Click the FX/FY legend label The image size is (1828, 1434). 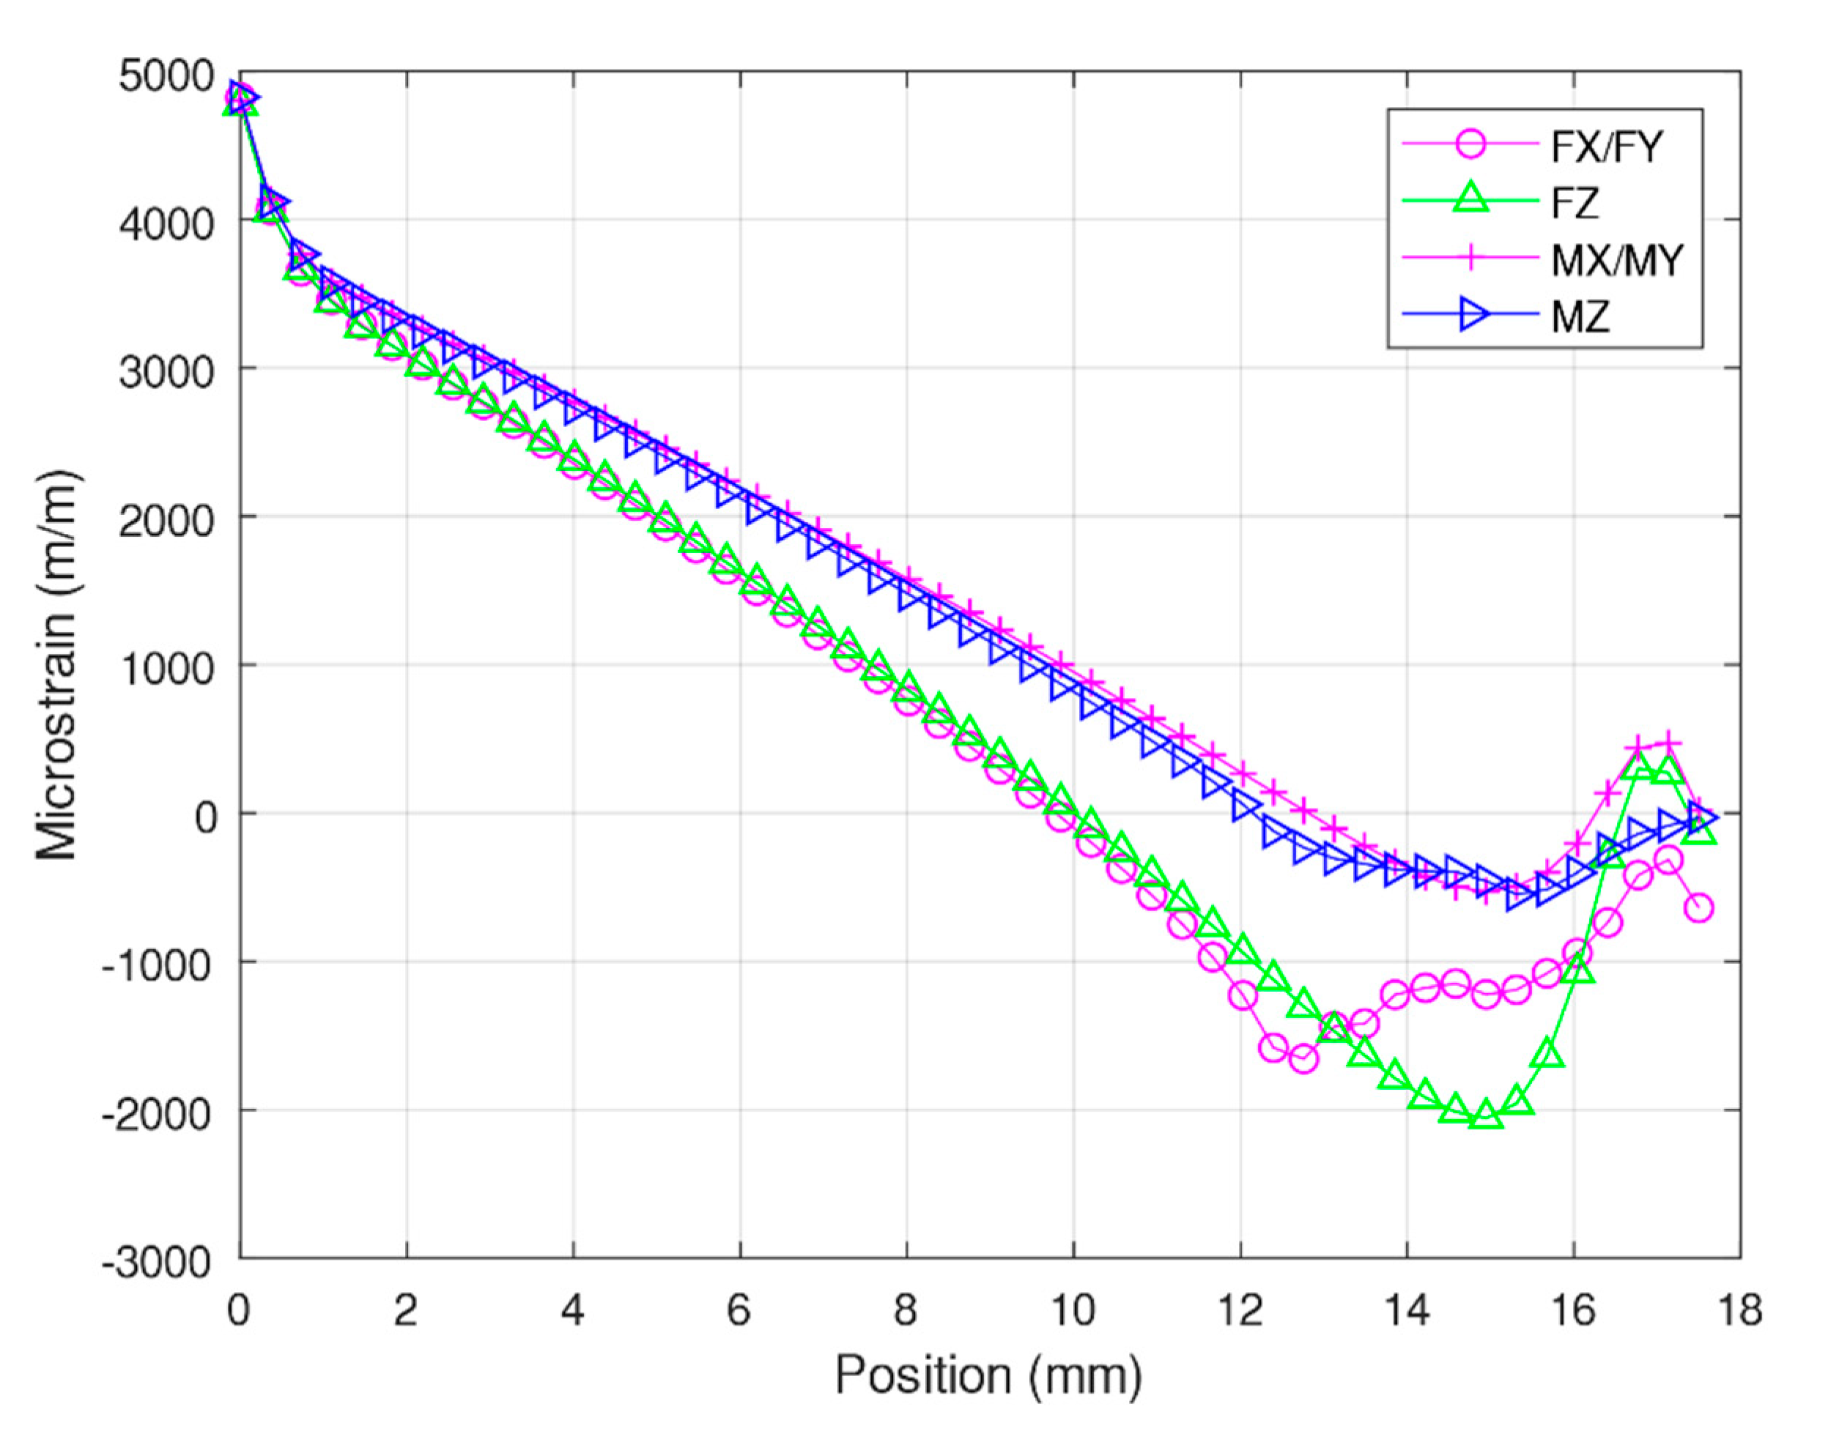[1605, 148]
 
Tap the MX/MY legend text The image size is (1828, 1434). [1616, 260]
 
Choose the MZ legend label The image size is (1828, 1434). [1580, 317]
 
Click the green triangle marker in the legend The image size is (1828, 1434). [1470, 201]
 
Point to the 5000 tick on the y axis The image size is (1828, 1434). [166, 77]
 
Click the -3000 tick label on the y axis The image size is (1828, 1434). [157, 1263]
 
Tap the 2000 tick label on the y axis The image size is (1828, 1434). [166, 521]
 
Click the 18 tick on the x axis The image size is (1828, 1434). [1740, 1310]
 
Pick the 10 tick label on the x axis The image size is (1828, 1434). [1073, 1310]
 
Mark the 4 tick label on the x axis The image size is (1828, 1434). [573, 1310]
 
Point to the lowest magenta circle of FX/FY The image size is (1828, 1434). [1303, 1060]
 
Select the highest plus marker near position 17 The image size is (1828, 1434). [1669, 743]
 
